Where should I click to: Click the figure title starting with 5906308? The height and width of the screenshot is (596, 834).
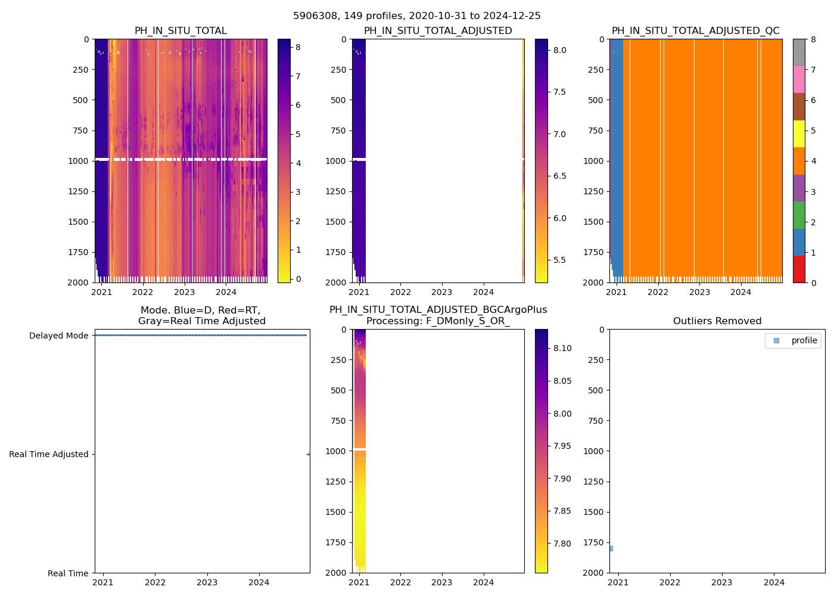pos(417,16)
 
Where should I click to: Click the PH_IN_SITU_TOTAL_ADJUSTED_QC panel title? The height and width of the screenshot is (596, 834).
pos(695,31)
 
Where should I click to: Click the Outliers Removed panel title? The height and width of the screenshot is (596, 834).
pos(717,321)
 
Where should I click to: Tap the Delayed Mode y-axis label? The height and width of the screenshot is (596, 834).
pos(58,336)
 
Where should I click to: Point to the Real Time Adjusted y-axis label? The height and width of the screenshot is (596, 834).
pos(48,454)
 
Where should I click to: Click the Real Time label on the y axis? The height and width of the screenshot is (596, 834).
pos(68,573)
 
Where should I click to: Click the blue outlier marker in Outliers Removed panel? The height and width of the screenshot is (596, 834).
pos(611,548)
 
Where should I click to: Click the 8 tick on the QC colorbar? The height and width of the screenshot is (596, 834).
pos(813,40)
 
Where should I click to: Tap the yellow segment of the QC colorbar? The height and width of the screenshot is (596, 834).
pos(799,134)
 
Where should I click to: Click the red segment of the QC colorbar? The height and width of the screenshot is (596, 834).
pos(799,269)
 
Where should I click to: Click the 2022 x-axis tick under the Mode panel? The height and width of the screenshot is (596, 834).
pos(155,582)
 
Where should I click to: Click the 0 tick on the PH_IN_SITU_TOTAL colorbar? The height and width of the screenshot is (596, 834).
pos(298,279)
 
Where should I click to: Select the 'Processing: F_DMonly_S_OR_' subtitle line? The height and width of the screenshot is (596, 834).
pos(438,321)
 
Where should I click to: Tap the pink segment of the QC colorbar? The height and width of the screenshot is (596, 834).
pos(799,80)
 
